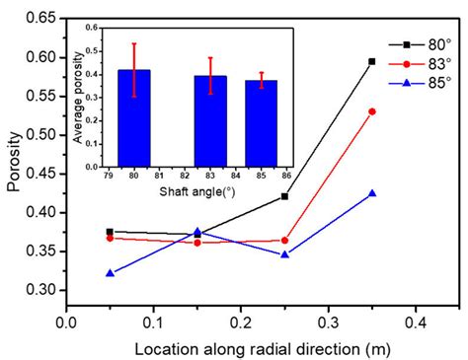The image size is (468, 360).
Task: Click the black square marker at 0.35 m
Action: pyautogui.click(x=371, y=61)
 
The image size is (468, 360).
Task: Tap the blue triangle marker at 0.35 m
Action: pyautogui.click(x=371, y=193)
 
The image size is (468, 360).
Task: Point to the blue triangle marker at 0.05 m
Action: pyautogui.click(x=110, y=272)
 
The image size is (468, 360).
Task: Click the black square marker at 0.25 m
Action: pyautogui.click(x=284, y=196)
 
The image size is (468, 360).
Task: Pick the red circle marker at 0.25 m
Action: pyautogui.click(x=284, y=240)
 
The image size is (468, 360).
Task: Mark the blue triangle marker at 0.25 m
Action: pyautogui.click(x=284, y=254)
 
